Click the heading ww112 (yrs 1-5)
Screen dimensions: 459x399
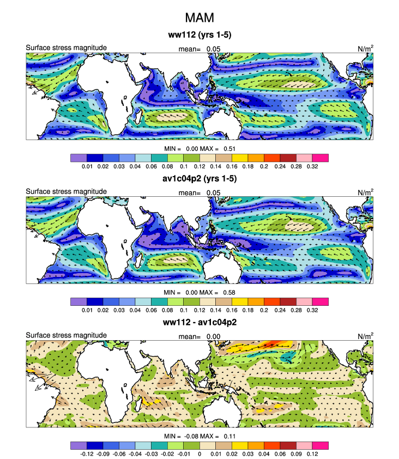(x=199, y=36)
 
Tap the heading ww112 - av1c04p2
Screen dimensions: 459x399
(x=199, y=322)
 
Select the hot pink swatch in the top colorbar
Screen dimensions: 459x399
(x=320, y=158)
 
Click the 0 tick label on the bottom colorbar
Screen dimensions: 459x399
(x=199, y=454)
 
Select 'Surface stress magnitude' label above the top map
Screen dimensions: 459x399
(x=66, y=48)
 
